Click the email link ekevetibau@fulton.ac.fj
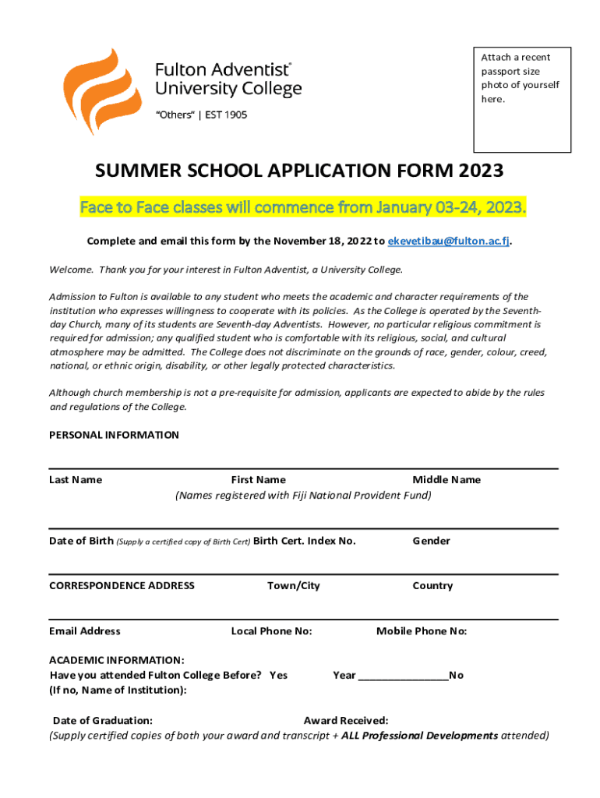pyautogui.click(x=449, y=242)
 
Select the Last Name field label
pyautogui.click(x=76, y=480)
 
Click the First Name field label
pyautogui.click(x=258, y=480)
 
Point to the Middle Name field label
pyautogui.click(x=446, y=480)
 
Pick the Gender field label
pyautogui.click(x=431, y=541)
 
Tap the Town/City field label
pyautogui.click(x=293, y=586)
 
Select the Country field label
pyautogui.click(x=432, y=586)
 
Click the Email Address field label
pyautogui.click(x=85, y=631)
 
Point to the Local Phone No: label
pyautogui.click(x=271, y=631)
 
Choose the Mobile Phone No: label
pyautogui.click(x=422, y=631)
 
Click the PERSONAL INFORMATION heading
pyautogui.click(x=114, y=435)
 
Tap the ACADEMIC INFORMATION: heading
pyautogui.click(x=117, y=660)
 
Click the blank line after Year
pyautogui.click(x=403, y=676)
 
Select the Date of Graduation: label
pyautogui.click(x=102, y=721)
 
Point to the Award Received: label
pyautogui.click(x=346, y=721)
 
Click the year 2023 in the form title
pyautogui.click(x=481, y=171)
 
